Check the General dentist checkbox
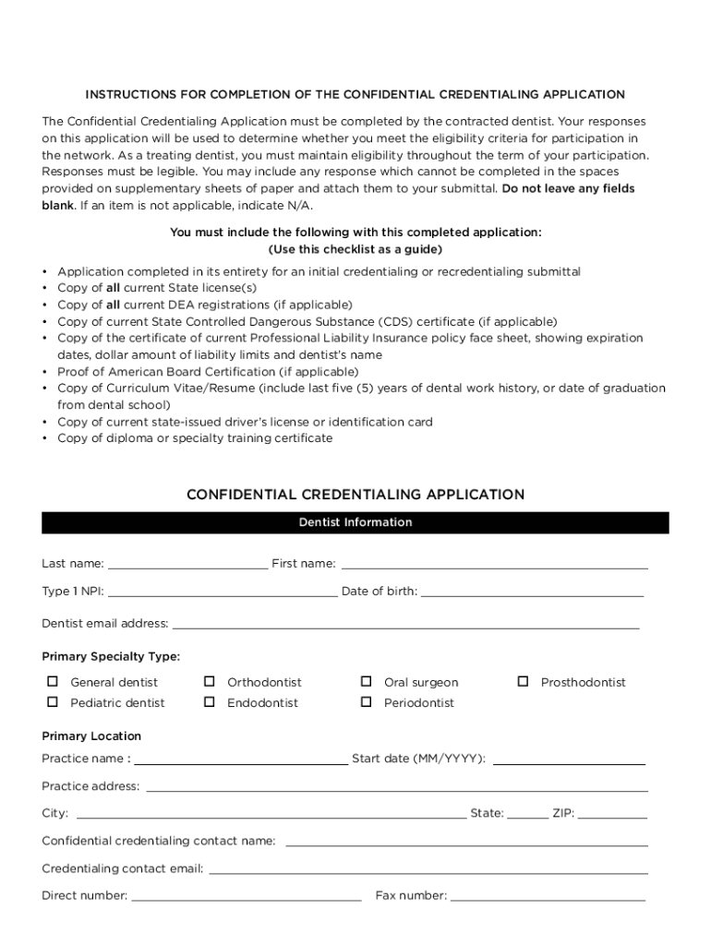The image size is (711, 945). click(x=53, y=682)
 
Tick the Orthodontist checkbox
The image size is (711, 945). click(x=210, y=682)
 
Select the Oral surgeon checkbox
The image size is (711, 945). click(x=367, y=682)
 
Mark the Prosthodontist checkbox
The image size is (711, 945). click(x=523, y=682)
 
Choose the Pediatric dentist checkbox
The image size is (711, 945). click(x=53, y=702)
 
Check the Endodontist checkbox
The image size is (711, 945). click(x=210, y=702)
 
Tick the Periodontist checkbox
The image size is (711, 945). click(x=367, y=702)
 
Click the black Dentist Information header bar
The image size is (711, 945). click(x=355, y=522)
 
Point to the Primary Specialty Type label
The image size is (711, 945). click(x=111, y=657)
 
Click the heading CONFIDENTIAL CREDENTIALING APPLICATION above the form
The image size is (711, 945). click(x=355, y=495)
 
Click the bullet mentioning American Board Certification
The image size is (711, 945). click(x=208, y=372)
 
